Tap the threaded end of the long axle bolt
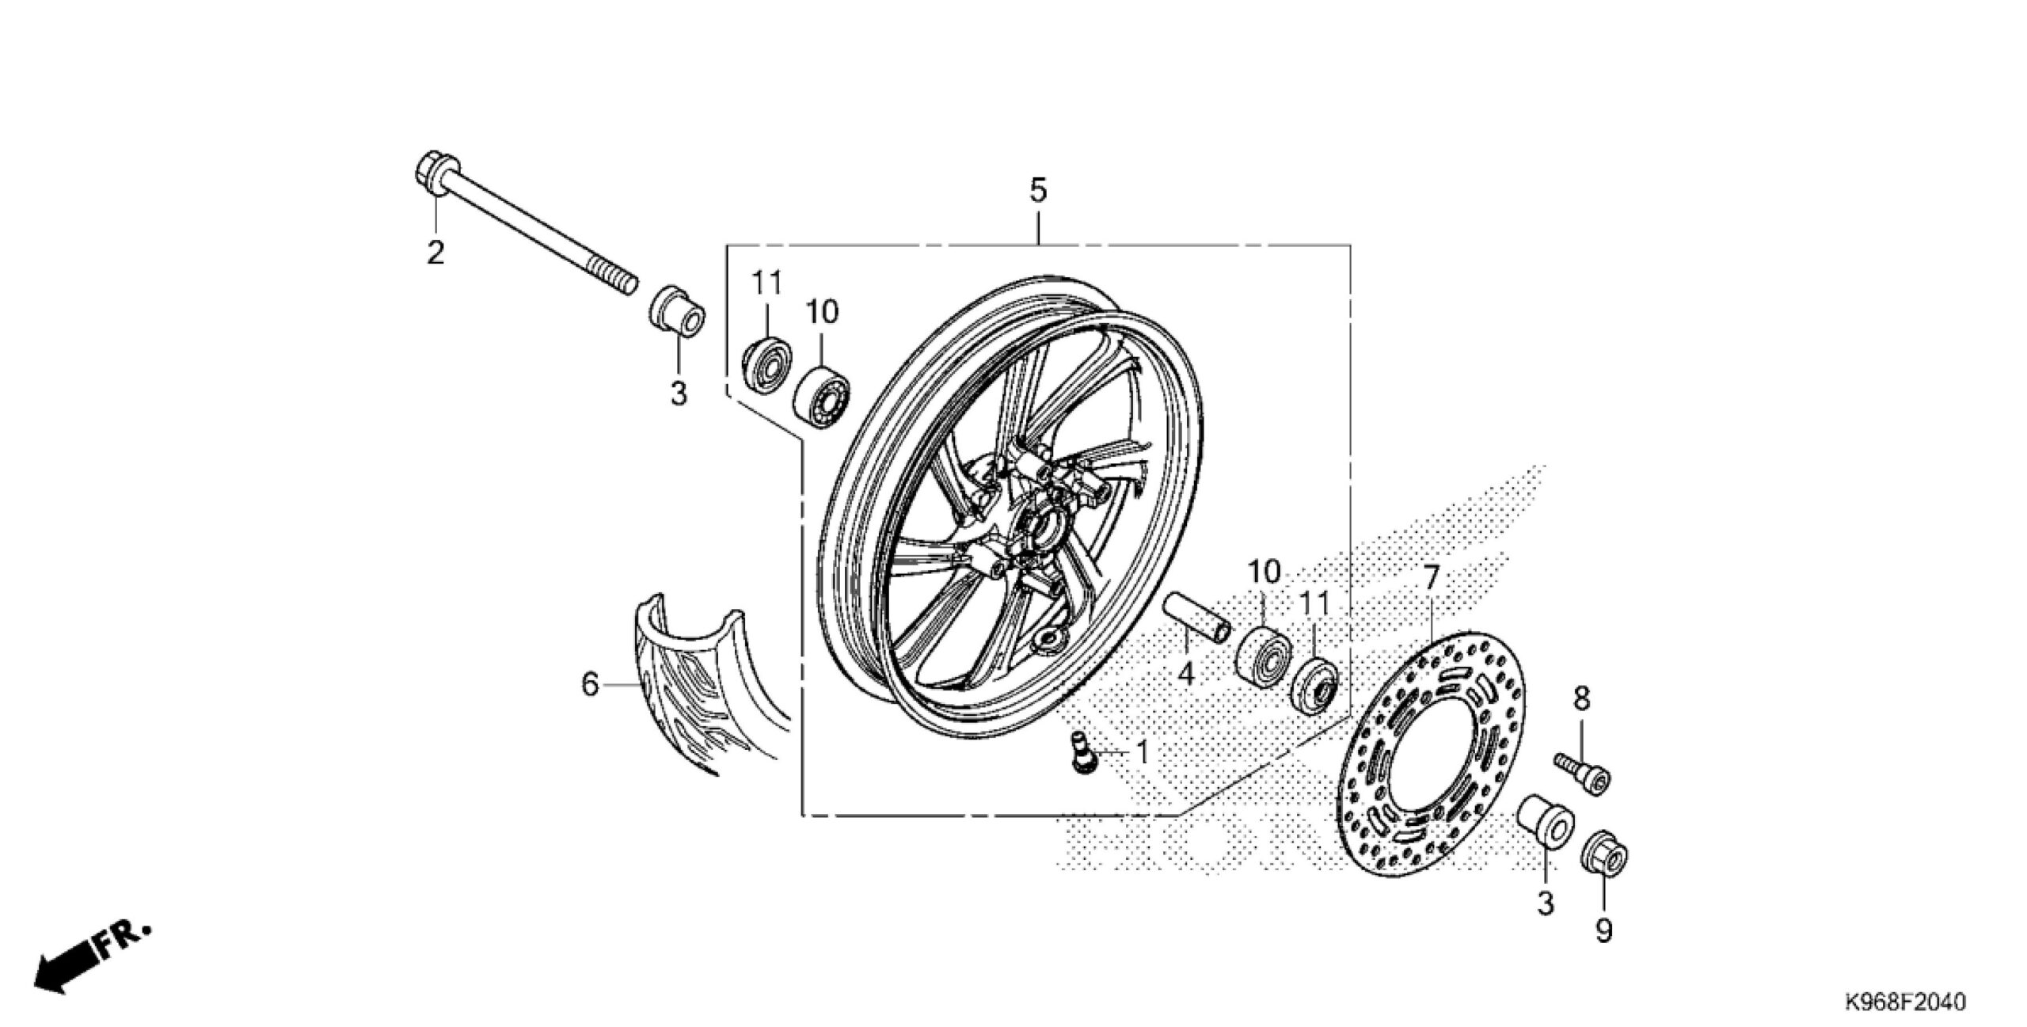click(x=619, y=276)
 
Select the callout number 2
click(x=435, y=253)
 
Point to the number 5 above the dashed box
click(x=1037, y=191)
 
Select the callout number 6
click(x=590, y=685)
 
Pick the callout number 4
click(x=1185, y=674)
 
